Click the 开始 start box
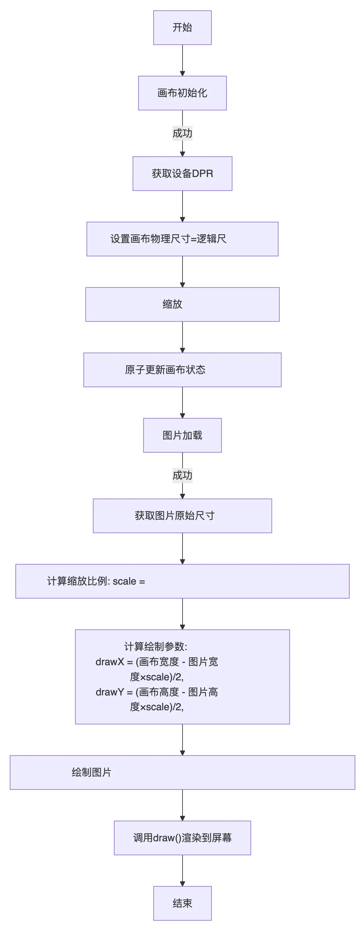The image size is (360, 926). click(182, 28)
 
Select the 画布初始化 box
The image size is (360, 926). click(182, 93)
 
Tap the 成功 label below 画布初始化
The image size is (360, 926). click(182, 133)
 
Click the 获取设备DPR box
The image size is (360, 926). click(182, 174)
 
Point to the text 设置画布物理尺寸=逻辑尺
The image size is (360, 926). click(168, 239)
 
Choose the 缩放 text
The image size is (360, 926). click(172, 305)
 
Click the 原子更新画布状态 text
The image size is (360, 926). click(165, 370)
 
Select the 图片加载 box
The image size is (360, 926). click(182, 435)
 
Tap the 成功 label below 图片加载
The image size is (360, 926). click(182, 475)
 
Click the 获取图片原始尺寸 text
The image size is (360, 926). click(175, 516)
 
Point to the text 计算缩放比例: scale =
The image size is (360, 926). click(96, 581)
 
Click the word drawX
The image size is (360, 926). click(110, 662)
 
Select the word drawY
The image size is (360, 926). click(110, 692)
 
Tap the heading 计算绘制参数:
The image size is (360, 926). click(155, 647)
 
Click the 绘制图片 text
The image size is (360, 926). click(91, 773)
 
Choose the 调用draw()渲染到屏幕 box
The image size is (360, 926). click(182, 838)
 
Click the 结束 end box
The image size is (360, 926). click(182, 903)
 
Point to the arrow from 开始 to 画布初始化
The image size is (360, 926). click(182, 60)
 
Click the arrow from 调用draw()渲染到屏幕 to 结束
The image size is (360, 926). click(182, 870)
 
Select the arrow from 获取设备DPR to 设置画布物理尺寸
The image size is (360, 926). click(182, 206)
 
